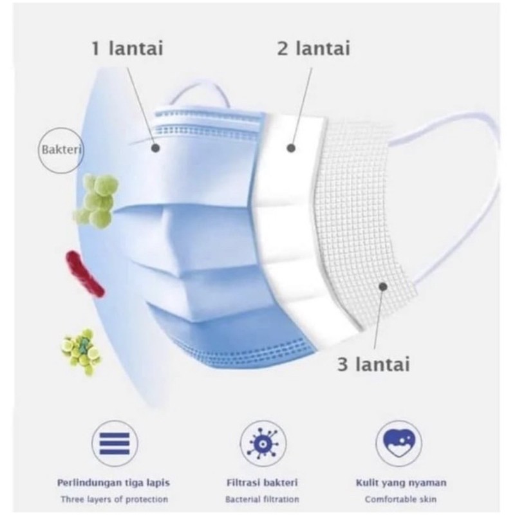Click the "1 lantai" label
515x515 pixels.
[127, 48]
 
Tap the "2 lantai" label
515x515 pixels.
[314, 48]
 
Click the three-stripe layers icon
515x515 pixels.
[115, 442]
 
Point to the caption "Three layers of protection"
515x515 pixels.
[115, 500]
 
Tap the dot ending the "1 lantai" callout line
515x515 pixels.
[156, 148]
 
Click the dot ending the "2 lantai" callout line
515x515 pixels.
[290, 147]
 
